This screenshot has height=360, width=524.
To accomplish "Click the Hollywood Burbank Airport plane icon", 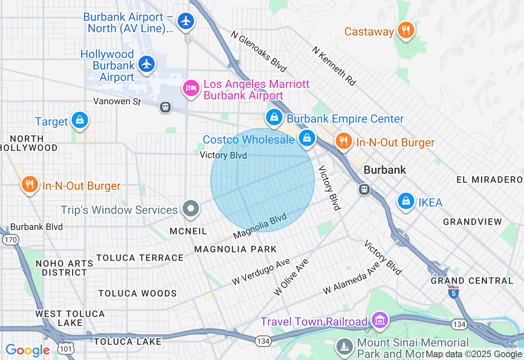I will coord(147,64).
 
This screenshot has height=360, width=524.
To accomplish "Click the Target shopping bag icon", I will coord(79,120).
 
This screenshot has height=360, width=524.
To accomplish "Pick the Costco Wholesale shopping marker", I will coord(306,138).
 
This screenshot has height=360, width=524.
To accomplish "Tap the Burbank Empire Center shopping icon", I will coord(274,117).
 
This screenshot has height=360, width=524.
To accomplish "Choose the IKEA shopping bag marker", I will coord(406,201).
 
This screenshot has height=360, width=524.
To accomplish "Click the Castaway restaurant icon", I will coord(406,30).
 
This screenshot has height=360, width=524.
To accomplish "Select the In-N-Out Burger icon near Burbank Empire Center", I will coord(343,141).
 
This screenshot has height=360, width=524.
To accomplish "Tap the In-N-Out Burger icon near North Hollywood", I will coord(29,184).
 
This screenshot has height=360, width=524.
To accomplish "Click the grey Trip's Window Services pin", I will coord(190,209).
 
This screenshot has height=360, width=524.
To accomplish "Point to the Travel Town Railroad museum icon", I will coord(379,320).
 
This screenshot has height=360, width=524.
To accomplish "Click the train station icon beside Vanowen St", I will coord(165,107).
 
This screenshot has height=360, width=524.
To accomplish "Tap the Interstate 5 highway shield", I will coord(453,293).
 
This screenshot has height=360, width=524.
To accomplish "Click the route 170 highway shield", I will coord(10,240).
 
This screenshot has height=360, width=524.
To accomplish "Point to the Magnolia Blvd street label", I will coord(260,226).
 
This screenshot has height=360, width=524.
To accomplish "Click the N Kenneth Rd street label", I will coord(334,65).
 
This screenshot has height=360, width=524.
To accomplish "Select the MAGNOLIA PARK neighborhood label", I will coord(235,249).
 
